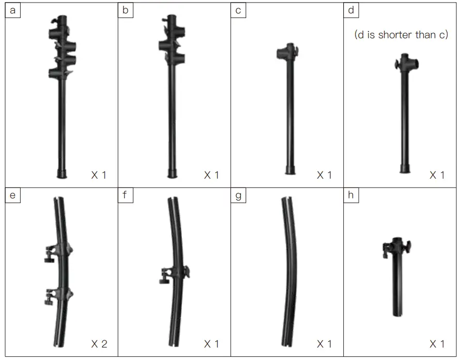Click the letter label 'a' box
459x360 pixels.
coord(13,10)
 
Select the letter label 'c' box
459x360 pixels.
coord(238,10)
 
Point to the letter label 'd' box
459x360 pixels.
coord(350,10)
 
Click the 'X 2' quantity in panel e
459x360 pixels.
coord(99,344)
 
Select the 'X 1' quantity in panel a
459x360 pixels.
coord(99,175)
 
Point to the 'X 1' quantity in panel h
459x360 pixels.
coord(437,344)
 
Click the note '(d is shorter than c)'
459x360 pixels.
coord(401,35)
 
